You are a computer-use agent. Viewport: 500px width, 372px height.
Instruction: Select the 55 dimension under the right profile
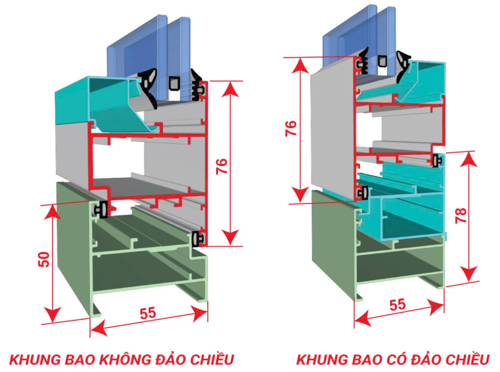[x=397, y=305]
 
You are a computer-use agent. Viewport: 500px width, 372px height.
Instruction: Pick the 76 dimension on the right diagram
[x=289, y=129]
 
